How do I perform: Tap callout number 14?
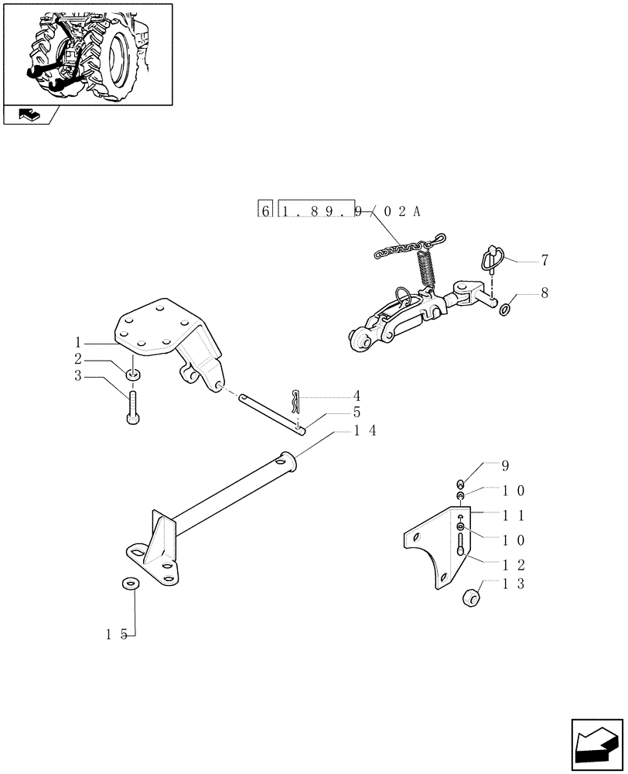click(x=365, y=431)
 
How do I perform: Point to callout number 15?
click(x=116, y=635)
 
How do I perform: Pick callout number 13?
click(x=514, y=584)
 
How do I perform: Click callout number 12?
click(x=514, y=564)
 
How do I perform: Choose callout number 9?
click(x=506, y=466)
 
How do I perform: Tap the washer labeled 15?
click(x=129, y=583)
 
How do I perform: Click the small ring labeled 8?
click(x=505, y=310)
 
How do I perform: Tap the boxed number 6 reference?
click(x=265, y=211)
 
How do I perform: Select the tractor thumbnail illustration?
click(x=87, y=53)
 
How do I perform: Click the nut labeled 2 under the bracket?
click(x=134, y=376)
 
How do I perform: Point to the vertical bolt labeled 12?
click(x=461, y=539)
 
